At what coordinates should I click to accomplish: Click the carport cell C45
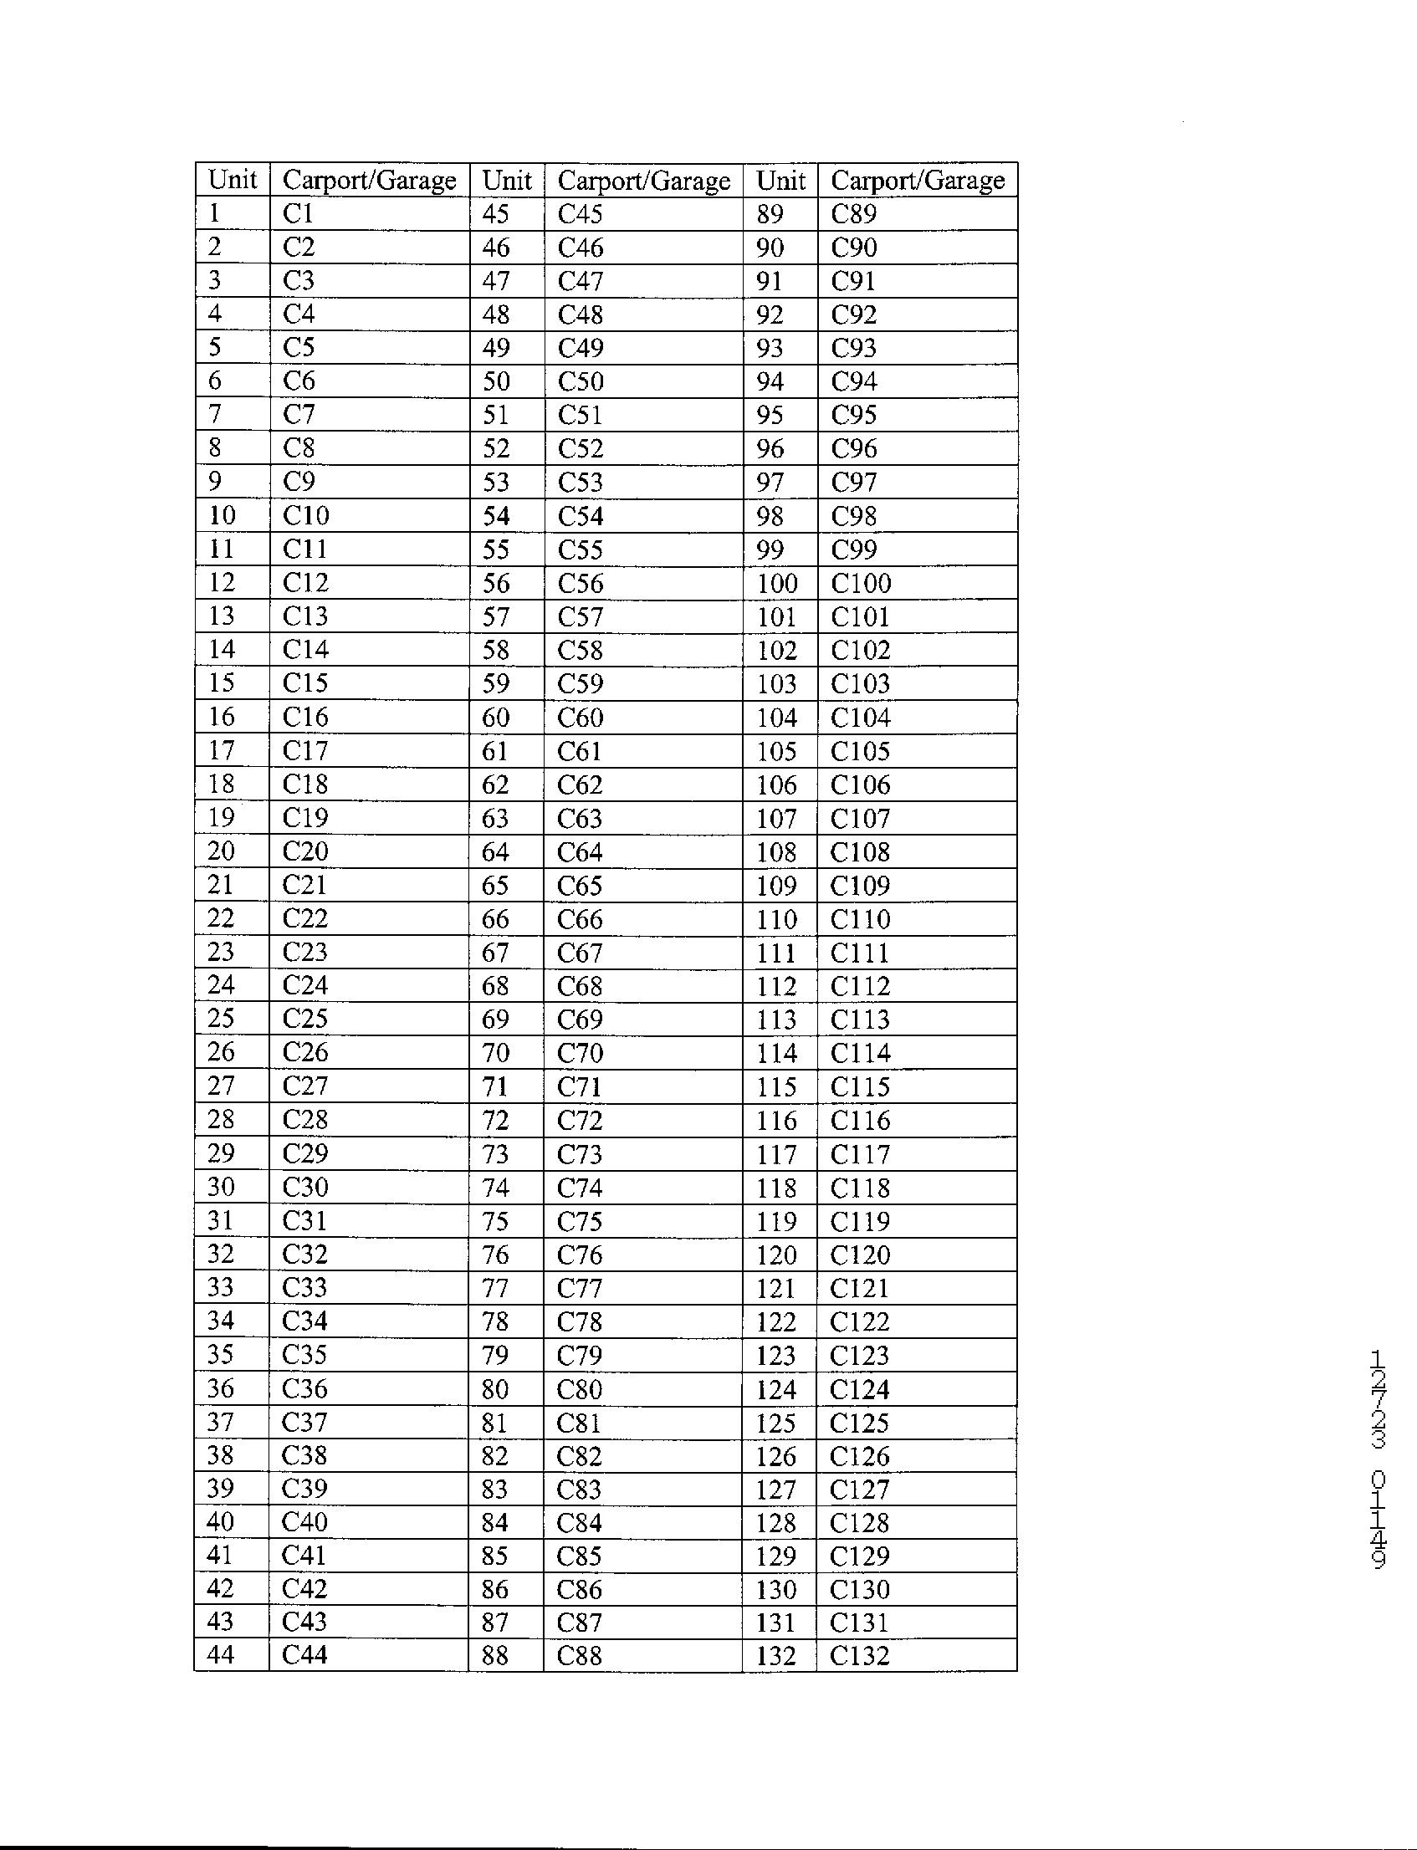pyautogui.click(x=581, y=214)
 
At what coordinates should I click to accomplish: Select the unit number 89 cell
pyautogui.click(x=770, y=214)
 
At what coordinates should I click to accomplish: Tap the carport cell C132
pyautogui.click(x=859, y=1655)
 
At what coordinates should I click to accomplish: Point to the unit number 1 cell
pyautogui.click(x=215, y=213)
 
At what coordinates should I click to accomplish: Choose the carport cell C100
pyautogui.click(x=860, y=583)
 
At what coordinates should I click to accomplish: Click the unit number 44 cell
pyautogui.click(x=220, y=1654)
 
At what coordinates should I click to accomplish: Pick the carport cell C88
pyautogui.click(x=580, y=1655)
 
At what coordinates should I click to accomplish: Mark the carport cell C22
pyautogui.click(x=304, y=917)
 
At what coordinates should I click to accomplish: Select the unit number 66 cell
pyautogui.click(x=495, y=918)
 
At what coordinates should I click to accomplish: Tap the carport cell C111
pyautogui.click(x=859, y=953)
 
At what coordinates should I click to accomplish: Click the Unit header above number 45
pyautogui.click(x=507, y=180)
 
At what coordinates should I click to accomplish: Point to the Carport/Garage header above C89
pyautogui.click(x=918, y=180)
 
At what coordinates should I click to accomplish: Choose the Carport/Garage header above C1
pyautogui.click(x=370, y=180)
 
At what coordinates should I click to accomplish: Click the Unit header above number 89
pyautogui.click(x=780, y=180)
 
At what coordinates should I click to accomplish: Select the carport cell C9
pyautogui.click(x=299, y=482)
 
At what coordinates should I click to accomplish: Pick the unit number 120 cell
pyautogui.click(x=776, y=1255)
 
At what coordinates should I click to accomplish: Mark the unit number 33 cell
pyautogui.click(x=220, y=1288)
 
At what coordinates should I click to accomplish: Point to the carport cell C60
pyautogui.click(x=581, y=717)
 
